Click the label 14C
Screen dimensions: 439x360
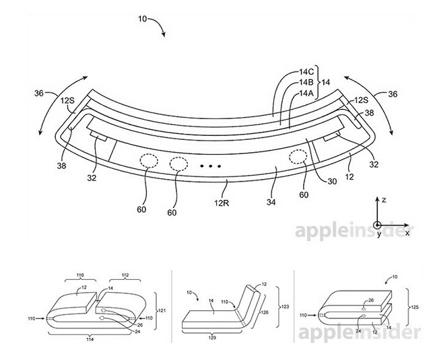[306, 72]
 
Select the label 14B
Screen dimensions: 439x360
[306, 83]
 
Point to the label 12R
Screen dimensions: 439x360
[222, 203]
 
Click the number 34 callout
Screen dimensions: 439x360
[271, 202]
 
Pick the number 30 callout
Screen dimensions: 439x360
[332, 182]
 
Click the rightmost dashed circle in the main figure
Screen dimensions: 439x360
[298, 157]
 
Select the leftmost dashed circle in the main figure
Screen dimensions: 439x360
[149, 161]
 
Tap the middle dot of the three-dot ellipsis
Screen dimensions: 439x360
[211, 166]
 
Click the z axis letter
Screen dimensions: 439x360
[384, 200]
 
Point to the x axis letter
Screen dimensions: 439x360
[407, 233]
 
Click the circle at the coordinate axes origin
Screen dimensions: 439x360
[378, 225]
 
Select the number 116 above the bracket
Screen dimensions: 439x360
[81, 275]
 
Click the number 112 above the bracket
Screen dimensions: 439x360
[125, 275]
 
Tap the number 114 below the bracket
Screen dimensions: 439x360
[90, 340]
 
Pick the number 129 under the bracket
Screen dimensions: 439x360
[212, 338]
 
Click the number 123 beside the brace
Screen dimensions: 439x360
[285, 307]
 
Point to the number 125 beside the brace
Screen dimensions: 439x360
[414, 307]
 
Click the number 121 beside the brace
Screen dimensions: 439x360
[162, 310]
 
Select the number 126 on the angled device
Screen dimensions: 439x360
[265, 312]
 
